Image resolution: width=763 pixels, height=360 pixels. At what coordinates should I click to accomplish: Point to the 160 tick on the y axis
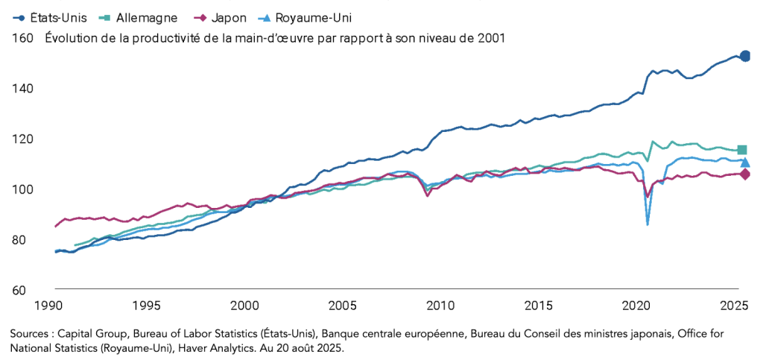(x=22, y=38)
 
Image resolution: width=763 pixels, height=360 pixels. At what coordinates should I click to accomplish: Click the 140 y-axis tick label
(x=22, y=88)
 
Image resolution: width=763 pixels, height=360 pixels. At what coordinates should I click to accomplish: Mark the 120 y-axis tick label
(x=22, y=139)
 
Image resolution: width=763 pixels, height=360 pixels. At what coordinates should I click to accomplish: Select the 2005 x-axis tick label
(x=342, y=305)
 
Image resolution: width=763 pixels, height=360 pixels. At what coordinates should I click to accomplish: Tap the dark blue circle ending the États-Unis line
(x=744, y=56)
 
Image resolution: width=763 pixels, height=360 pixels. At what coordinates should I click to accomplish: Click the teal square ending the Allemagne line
(x=741, y=150)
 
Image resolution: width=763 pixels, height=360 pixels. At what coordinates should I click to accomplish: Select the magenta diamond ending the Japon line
(x=744, y=174)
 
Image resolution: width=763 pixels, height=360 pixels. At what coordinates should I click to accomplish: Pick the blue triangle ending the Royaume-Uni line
(x=744, y=162)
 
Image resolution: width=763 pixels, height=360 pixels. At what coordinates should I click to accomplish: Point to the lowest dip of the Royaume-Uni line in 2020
(x=648, y=224)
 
